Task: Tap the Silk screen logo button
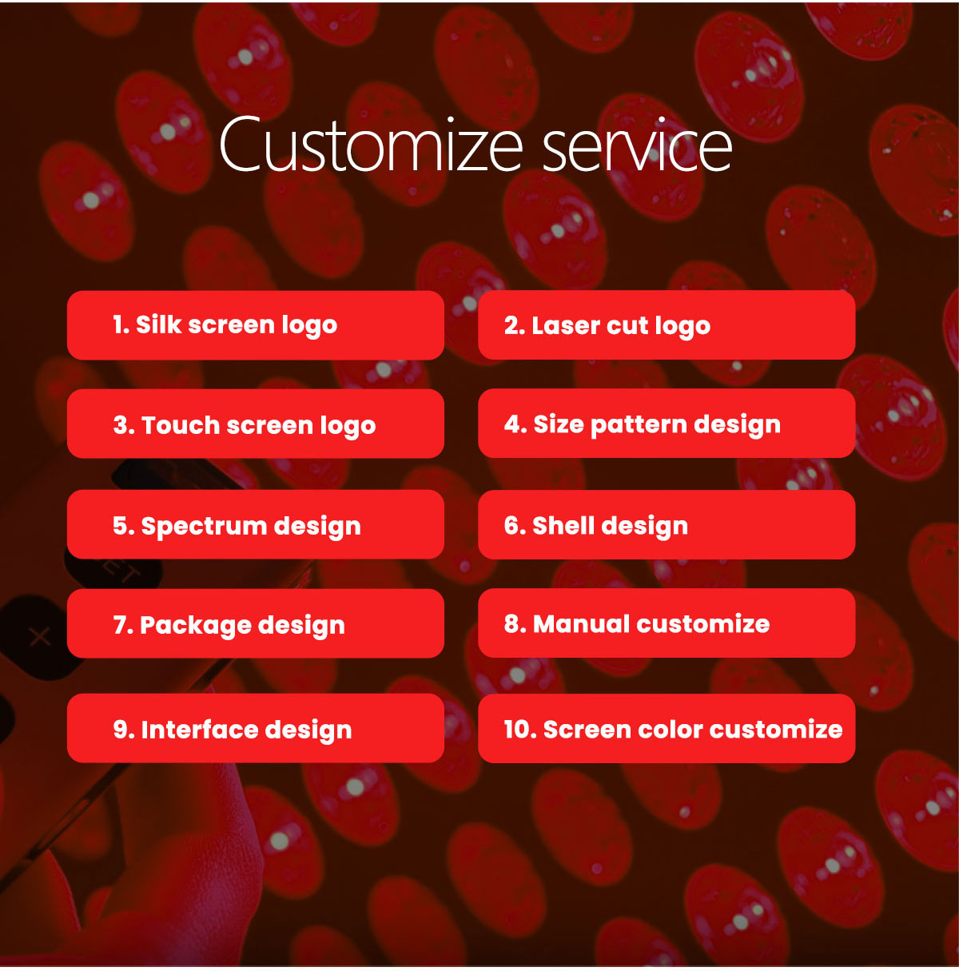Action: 255,325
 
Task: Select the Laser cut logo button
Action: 666,325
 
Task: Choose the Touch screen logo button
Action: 255,424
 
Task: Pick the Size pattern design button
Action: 666,424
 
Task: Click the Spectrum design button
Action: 255,525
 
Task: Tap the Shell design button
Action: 666,525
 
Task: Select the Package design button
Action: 255,624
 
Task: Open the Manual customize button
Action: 666,623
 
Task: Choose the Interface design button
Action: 255,729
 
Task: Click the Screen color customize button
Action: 666,729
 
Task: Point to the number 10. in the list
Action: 519,729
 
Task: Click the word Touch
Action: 181,424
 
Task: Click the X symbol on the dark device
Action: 40,637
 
